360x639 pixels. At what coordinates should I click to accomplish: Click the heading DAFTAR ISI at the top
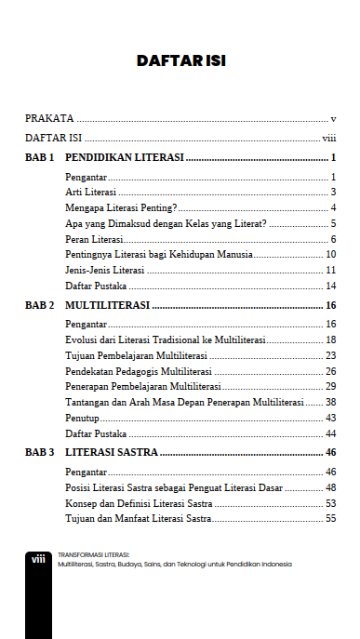[180, 61]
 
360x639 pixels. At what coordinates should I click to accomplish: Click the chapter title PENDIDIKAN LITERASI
[124, 157]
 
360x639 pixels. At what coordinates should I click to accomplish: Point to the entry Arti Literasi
[91, 192]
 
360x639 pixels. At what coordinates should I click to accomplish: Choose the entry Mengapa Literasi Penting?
[122, 206]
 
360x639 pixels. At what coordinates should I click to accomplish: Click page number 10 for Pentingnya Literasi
[330, 254]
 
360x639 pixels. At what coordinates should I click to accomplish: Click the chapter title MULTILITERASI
[108, 305]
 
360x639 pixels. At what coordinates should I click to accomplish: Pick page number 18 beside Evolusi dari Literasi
[330, 339]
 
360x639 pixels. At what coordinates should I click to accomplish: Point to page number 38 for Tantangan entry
[330, 402]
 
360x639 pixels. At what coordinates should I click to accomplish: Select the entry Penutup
[82, 418]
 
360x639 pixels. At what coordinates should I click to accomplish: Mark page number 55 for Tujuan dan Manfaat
[330, 519]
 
